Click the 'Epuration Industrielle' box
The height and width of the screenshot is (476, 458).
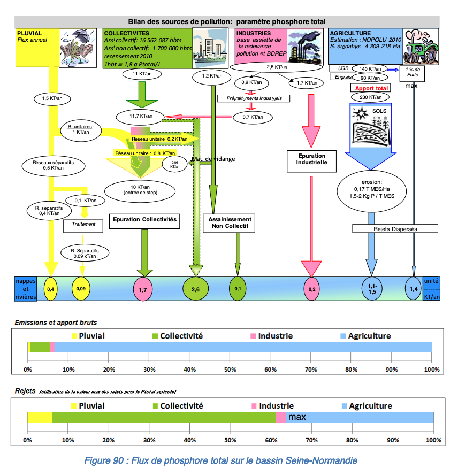(311, 159)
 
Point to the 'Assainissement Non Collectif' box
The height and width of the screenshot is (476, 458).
(228, 224)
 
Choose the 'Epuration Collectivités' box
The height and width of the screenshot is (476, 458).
(144, 219)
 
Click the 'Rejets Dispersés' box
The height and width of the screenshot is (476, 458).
(395, 228)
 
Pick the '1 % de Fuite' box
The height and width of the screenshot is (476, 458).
(412, 73)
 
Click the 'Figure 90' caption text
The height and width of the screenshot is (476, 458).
(220, 460)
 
